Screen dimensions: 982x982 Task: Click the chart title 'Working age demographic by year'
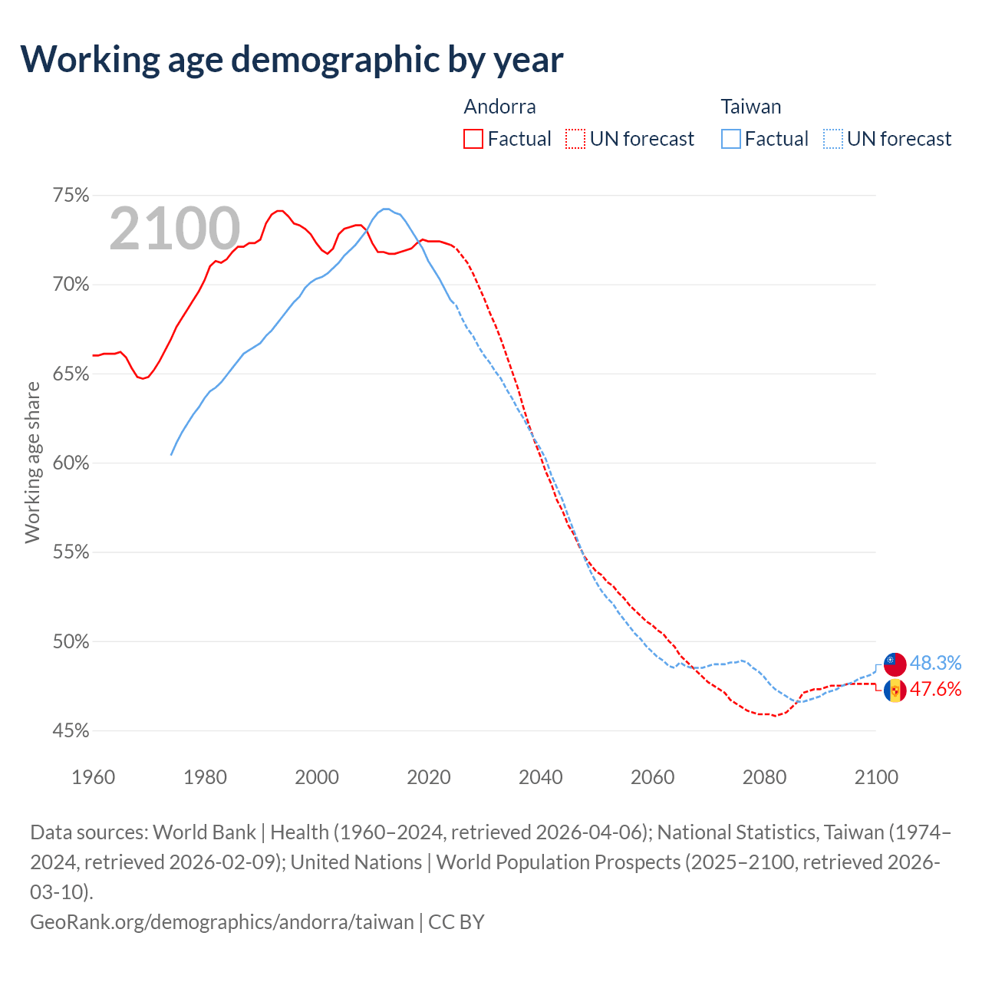tap(292, 59)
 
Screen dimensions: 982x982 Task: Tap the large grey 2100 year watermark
tap(175, 229)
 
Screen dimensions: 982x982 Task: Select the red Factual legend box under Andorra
tap(473, 139)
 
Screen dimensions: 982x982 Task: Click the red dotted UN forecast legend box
tap(575, 139)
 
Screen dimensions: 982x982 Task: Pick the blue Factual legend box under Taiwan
tap(731, 139)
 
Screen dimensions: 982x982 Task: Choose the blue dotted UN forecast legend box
tap(832, 139)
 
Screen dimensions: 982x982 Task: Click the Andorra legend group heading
tap(499, 107)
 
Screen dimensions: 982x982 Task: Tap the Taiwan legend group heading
tap(750, 107)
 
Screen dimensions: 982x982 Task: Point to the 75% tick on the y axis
tap(71, 196)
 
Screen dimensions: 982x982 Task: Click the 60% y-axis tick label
tap(71, 463)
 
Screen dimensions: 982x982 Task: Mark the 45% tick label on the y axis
tap(71, 731)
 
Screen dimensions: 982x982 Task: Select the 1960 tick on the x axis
tap(94, 777)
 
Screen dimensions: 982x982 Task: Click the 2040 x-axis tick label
tap(541, 777)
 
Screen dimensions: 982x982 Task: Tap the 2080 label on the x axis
tap(764, 777)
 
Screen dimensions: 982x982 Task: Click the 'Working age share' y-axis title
tap(33, 463)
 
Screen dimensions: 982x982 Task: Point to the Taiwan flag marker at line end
tap(895, 663)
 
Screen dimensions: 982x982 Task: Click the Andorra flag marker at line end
tap(895, 690)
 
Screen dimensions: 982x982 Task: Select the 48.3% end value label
tap(935, 663)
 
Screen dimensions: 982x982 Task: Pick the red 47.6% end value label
tap(935, 689)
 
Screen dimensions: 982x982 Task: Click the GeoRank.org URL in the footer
tap(222, 921)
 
